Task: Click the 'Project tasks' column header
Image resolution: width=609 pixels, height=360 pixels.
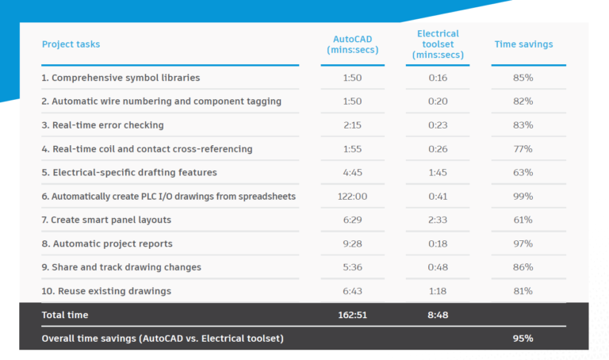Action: tap(71, 44)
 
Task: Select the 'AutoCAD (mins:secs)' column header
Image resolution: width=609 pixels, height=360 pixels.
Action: tap(352, 44)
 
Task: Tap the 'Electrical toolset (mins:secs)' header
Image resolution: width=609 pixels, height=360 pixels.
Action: tap(438, 44)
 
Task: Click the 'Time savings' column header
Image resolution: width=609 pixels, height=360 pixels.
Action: tap(523, 44)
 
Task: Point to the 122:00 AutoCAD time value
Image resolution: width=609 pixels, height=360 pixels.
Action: tap(352, 196)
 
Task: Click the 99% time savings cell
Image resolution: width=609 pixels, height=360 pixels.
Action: tap(523, 196)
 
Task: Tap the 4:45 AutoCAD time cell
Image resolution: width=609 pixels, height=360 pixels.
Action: tap(352, 172)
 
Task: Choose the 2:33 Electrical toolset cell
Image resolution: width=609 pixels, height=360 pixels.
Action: tap(438, 220)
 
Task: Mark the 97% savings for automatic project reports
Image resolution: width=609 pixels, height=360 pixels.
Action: tap(523, 243)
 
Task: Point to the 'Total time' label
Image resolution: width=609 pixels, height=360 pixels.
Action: tap(65, 315)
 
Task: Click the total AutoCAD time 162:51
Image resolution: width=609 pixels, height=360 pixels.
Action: tap(352, 315)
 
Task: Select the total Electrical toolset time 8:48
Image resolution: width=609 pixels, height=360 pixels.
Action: tap(438, 315)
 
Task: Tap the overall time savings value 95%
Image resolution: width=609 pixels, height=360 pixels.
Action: tap(523, 339)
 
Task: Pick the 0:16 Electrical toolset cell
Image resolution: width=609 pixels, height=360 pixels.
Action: tap(438, 78)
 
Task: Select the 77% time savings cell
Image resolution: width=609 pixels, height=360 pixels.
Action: tap(523, 148)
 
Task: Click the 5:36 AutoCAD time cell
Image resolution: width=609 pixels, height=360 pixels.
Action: tap(352, 267)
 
